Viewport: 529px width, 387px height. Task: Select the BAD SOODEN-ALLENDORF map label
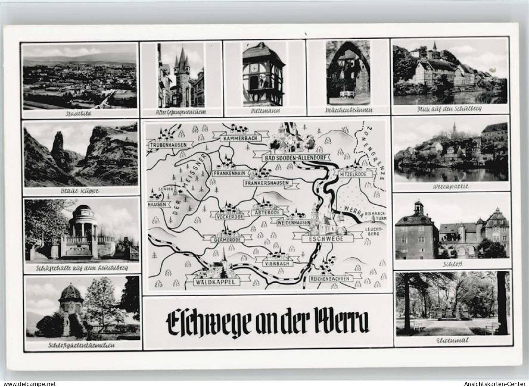(292, 158)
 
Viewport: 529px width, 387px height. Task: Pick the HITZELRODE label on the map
(356, 174)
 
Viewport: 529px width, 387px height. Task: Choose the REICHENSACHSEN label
(330, 278)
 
